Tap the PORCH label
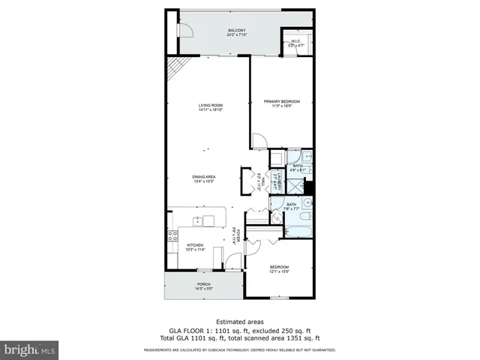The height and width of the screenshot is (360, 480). pyautogui.click(x=203, y=285)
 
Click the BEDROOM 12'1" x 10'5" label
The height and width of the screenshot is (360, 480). pyautogui.click(x=279, y=268)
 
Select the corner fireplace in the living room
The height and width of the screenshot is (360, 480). pyautogui.click(x=175, y=69)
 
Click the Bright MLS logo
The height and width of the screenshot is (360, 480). pyautogui.click(x=29, y=349)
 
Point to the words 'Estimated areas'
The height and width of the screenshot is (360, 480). pyautogui.click(x=239, y=321)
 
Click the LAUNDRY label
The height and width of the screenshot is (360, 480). pyautogui.click(x=277, y=181)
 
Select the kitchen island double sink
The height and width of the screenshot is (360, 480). pyautogui.click(x=199, y=220)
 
